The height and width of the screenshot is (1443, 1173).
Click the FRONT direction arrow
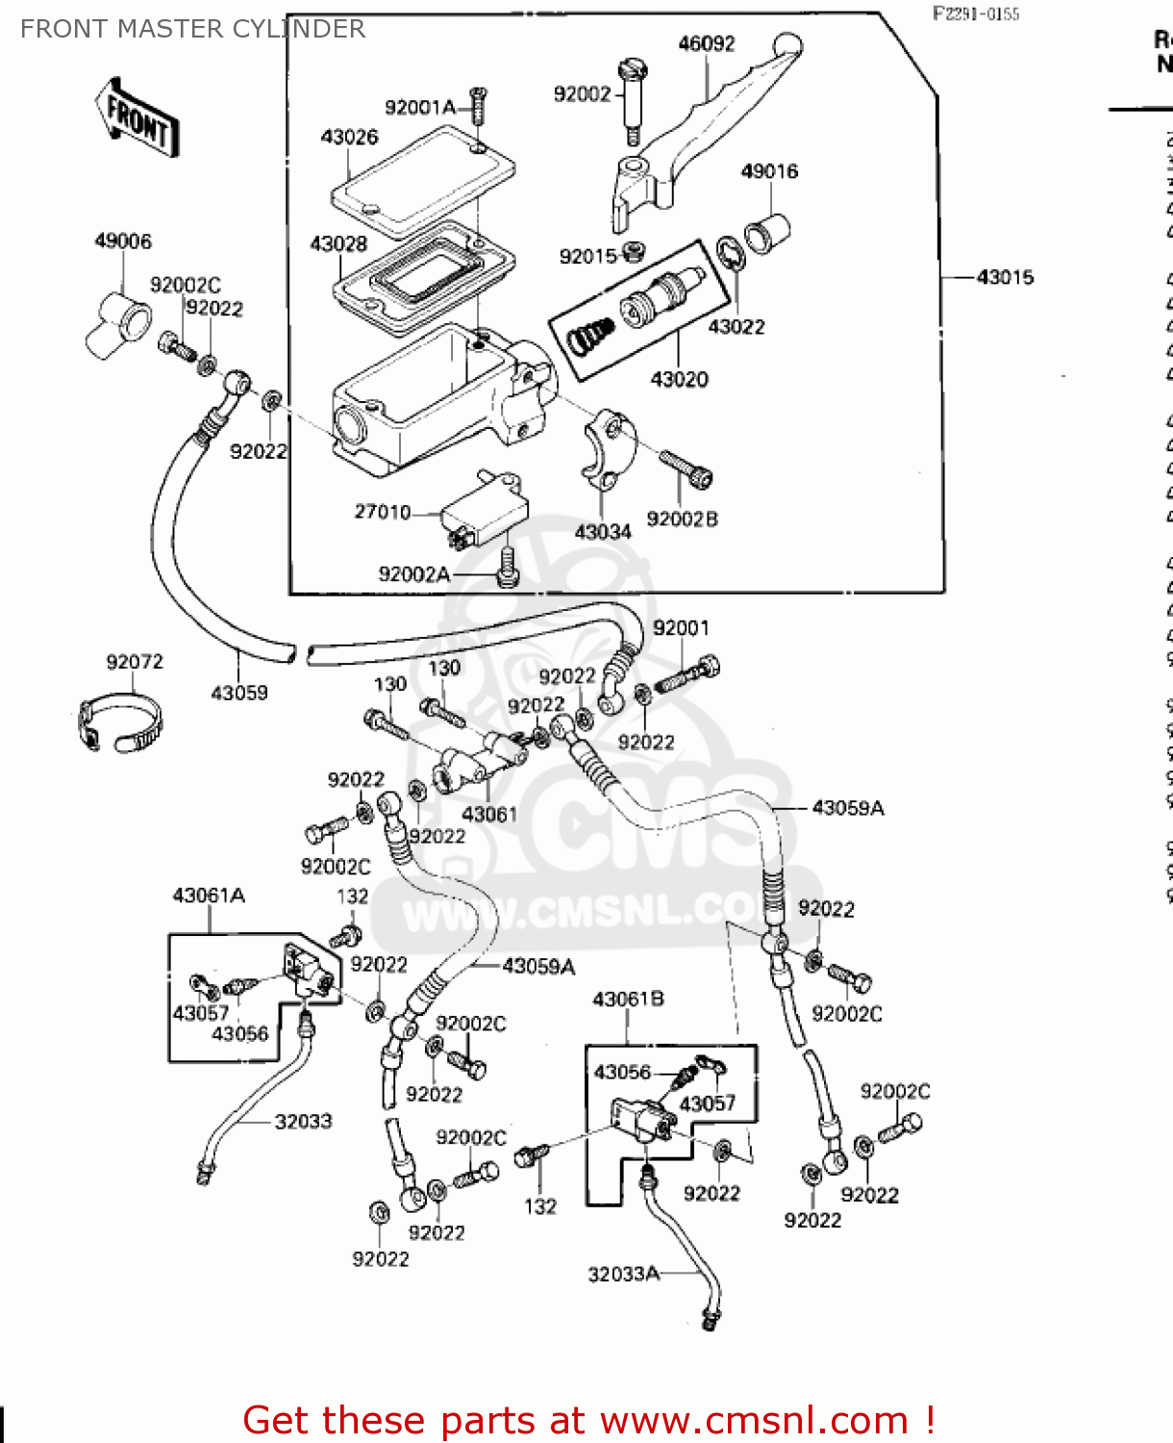click(137, 118)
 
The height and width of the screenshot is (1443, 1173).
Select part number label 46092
click(706, 43)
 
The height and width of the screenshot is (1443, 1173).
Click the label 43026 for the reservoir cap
click(349, 137)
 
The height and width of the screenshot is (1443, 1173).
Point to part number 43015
click(1005, 277)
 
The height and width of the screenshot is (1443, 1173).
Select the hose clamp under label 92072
click(119, 722)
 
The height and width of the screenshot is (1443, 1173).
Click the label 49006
click(123, 240)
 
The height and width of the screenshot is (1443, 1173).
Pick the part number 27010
click(382, 512)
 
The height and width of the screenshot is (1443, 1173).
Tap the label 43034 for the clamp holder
click(603, 532)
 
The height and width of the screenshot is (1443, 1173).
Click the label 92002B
click(682, 519)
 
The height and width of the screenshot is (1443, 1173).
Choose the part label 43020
click(679, 379)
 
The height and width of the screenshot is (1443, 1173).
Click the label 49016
click(769, 171)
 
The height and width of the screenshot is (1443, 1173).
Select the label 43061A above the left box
click(209, 896)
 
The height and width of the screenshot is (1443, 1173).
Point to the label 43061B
click(628, 1000)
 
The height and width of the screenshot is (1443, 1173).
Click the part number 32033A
click(623, 1275)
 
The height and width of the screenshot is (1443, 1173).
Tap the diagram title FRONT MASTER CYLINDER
click(192, 29)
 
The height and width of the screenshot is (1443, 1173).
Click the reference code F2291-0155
click(975, 13)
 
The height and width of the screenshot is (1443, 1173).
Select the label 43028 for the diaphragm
click(338, 243)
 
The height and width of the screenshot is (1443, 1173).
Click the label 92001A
click(419, 107)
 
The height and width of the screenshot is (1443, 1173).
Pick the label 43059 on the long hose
click(239, 693)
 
